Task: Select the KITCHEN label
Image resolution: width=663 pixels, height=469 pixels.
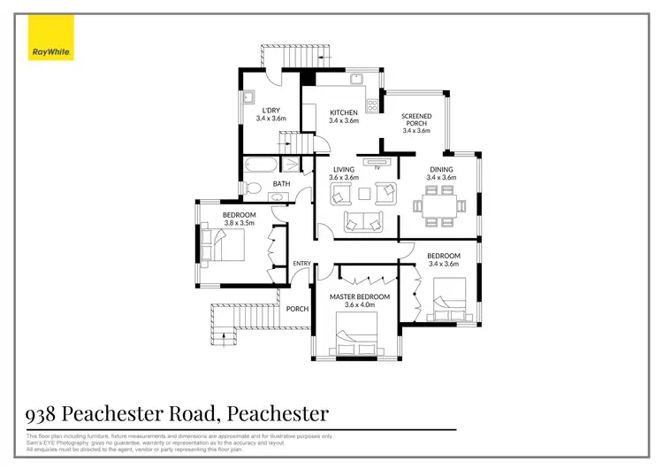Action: tap(344, 112)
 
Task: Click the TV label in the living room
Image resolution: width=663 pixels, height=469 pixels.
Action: tap(377, 167)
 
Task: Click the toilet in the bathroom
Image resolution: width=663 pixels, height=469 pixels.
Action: tap(252, 188)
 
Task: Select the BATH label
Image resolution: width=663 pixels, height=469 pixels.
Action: tap(281, 184)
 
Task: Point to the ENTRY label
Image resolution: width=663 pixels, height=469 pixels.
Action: tap(302, 264)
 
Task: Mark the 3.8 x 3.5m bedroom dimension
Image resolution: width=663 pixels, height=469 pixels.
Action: tap(239, 224)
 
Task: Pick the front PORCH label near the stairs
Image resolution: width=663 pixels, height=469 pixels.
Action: tap(297, 309)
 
